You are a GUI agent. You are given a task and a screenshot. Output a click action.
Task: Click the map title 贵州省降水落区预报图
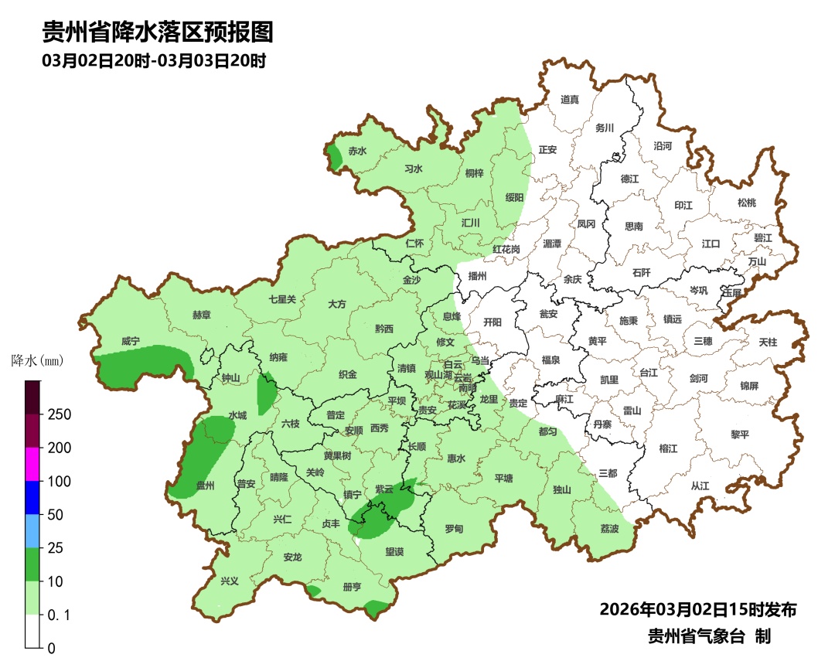pyautogui.click(x=158, y=32)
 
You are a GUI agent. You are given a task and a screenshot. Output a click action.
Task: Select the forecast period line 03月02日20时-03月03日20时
pyautogui.click(x=154, y=61)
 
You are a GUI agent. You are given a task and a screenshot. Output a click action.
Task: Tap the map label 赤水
pyautogui.click(x=357, y=152)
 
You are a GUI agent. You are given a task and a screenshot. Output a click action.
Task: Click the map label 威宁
pyautogui.click(x=131, y=341)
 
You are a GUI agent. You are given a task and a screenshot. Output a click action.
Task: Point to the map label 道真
pyautogui.click(x=570, y=100)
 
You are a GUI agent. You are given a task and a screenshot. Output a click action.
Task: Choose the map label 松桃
pyautogui.click(x=746, y=203)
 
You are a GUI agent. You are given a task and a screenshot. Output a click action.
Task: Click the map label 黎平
pyautogui.click(x=740, y=435)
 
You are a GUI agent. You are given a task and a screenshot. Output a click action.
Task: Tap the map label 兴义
pyautogui.click(x=230, y=581)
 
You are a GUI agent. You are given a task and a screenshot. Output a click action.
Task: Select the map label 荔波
pyautogui.click(x=610, y=529)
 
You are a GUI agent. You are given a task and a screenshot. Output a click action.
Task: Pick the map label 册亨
pyautogui.click(x=352, y=587)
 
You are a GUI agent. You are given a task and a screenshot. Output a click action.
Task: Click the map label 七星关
pyautogui.click(x=282, y=299)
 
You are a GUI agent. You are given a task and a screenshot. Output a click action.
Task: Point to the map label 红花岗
pyautogui.click(x=506, y=250)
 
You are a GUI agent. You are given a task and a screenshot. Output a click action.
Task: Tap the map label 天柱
pyautogui.click(x=768, y=341)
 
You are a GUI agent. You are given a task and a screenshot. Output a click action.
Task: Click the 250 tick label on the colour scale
pyautogui.click(x=59, y=414)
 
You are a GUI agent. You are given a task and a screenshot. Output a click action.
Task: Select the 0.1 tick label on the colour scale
pyautogui.click(x=60, y=615)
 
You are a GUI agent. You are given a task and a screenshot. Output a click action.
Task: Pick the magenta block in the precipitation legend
pyautogui.click(x=32, y=464)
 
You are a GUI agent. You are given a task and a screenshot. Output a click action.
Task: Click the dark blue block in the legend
pyautogui.click(x=32, y=497)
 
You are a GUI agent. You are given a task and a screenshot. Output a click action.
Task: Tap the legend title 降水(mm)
pyautogui.click(x=37, y=361)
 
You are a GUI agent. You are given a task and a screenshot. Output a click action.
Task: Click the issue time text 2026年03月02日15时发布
pyautogui.click(x=697, y=610)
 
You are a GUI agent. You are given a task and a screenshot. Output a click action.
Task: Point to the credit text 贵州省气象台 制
pyautogui.click(x=708, y=636)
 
